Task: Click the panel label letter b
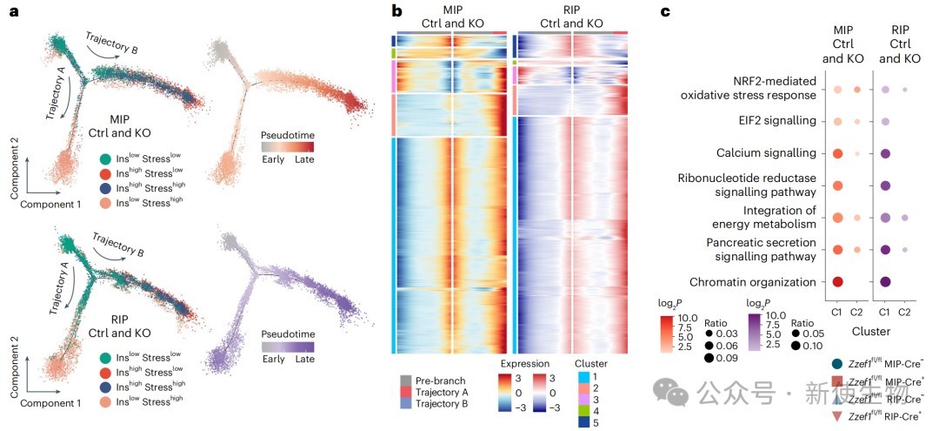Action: (396, 11)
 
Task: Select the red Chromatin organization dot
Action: (837, 282)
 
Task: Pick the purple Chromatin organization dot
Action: (885, 282)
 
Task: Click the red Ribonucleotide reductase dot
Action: (837, 185)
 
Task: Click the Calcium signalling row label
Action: (767, 153)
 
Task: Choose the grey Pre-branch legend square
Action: (405, 380)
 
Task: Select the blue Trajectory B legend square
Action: (405, 403)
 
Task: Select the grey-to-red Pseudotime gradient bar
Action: (288, 148)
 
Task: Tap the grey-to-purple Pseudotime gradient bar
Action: (288, 346)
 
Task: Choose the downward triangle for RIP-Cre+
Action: (837, 416)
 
